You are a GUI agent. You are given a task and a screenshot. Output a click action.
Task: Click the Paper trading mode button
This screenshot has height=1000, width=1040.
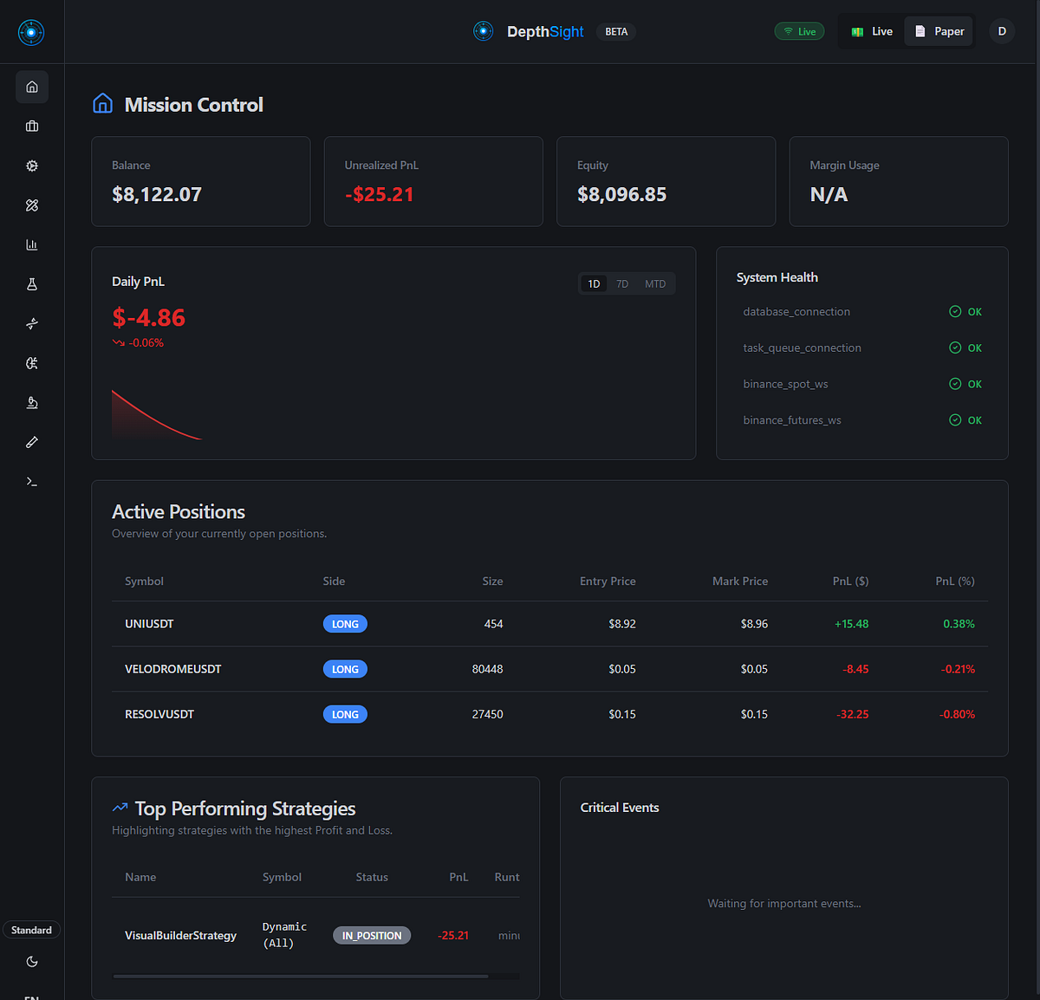[939, 31]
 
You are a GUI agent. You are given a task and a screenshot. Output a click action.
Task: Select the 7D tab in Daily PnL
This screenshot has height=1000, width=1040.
[622, 284]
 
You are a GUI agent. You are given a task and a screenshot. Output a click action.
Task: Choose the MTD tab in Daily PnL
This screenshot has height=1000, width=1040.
[655, 284]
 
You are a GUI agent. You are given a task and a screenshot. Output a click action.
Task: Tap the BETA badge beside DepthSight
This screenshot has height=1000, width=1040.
[616, 32]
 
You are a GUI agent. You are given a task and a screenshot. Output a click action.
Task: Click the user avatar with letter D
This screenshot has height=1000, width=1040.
[1002, 31]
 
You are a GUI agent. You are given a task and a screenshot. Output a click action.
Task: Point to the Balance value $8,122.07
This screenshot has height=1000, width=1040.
[157, 195]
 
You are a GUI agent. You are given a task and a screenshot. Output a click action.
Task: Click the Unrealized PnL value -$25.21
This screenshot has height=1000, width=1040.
[380, 195]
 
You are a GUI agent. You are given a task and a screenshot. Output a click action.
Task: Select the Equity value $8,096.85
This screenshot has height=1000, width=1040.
[621, 195]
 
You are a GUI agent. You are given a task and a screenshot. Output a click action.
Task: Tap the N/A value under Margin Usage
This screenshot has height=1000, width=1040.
[829, 195]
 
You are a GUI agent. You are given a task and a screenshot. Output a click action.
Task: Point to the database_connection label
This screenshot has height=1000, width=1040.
[796, 312]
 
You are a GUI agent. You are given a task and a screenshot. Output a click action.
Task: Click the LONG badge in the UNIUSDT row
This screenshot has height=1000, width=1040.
[345, 624]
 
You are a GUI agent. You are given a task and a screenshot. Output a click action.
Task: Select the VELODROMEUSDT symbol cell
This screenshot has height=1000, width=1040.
[173, 669]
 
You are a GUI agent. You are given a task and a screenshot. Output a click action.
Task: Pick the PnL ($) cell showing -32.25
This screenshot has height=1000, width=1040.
[853, 715]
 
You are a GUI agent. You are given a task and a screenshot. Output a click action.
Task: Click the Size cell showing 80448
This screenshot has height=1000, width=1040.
[487, 669]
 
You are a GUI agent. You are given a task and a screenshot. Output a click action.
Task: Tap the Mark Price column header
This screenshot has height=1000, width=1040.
[740, 581]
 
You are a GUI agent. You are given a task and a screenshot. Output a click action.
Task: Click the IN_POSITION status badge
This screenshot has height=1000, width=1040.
[372, 936]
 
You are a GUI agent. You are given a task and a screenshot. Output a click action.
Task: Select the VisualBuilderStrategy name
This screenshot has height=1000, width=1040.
[180, 936]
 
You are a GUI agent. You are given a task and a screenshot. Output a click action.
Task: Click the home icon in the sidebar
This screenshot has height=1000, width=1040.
[32, 87]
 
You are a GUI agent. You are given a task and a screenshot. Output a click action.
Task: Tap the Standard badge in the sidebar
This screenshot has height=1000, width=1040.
[31, 930]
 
